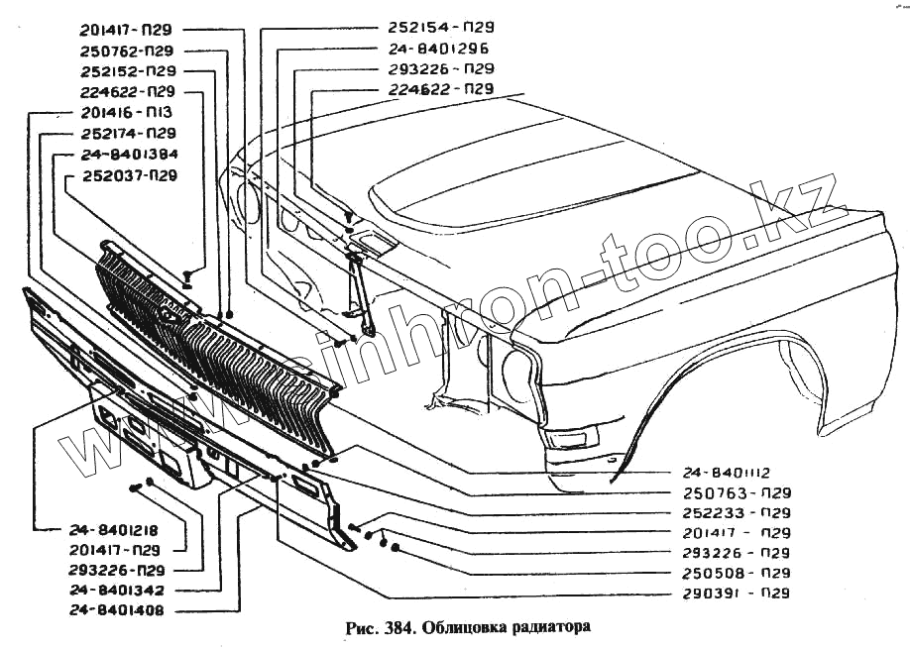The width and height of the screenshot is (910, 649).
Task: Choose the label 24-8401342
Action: coord(117,591)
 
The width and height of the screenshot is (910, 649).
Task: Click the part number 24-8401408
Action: coord(117,611)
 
